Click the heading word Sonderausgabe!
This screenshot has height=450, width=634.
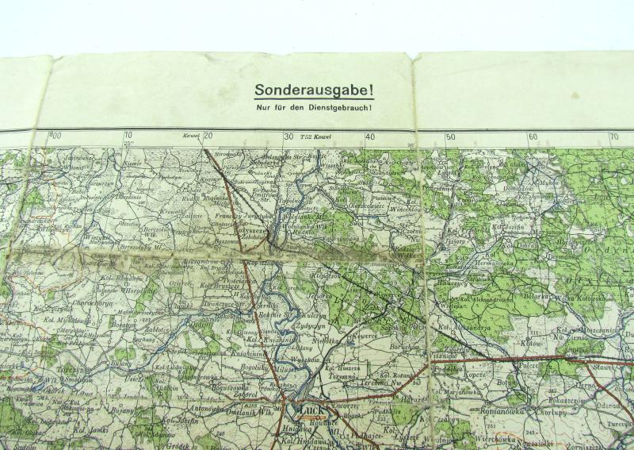point(315,91)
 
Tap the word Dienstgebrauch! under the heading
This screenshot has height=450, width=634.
point(340,107)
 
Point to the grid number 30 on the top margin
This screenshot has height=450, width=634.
point(288,137)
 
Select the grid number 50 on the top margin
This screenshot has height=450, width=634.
point(450,137)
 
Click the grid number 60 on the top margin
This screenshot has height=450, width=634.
point(533,137)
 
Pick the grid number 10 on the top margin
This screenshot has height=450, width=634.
point(128,137)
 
